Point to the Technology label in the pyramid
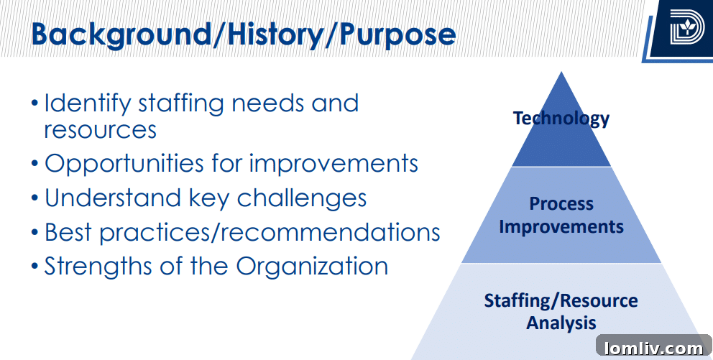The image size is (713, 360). (x=561, y=118)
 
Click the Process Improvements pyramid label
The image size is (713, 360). (x=561, y=215)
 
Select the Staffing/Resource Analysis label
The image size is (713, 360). (x=561, y=312)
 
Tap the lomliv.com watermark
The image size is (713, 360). (x=654, y=348)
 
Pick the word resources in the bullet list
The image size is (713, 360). (x=100, y=129)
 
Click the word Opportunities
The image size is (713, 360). (x=124, y=163)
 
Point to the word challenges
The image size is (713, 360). (x=301, y=198)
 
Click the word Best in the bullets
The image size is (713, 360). (x=68, y=232)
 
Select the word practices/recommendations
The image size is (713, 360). (x=270, y=233)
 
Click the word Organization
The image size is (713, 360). (x=312, y=267)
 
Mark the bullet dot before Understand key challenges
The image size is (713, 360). (x=35, y=198)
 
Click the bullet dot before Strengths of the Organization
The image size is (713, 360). (x=35, y=267)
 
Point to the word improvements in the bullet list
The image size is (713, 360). (x=333, y=164)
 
